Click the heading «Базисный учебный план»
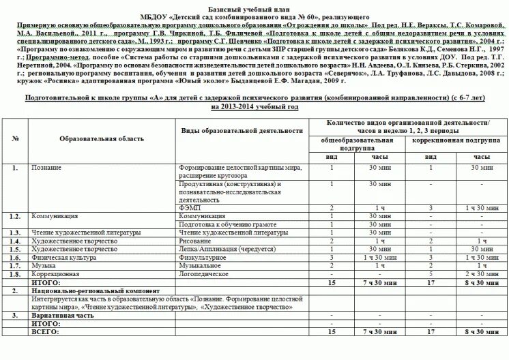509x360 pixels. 254,5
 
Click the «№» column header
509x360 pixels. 16,139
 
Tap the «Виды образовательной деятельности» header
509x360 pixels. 242,130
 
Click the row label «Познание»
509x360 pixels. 47,167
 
